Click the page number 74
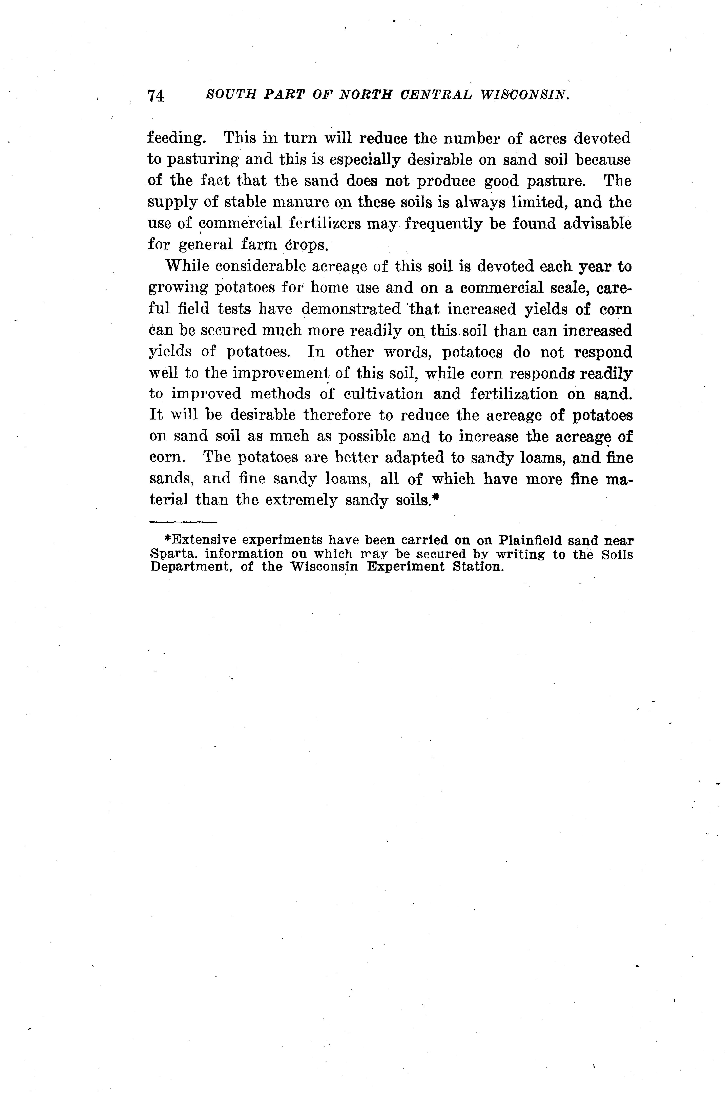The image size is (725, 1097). (x=156, y=95)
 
